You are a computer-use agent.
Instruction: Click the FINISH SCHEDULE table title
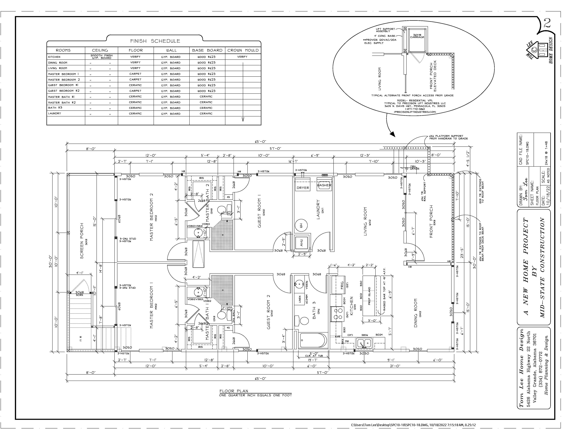pos(155,41)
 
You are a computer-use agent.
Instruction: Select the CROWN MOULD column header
pos(243,50)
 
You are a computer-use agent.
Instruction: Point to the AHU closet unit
pos(302,242)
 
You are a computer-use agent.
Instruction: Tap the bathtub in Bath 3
pos(313,341)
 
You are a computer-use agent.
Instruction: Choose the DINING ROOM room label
pos(416,313)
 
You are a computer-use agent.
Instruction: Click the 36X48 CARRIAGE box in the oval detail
pos(417,36)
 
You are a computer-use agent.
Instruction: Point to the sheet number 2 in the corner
pos(547,24)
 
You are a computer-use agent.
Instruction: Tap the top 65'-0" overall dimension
pos(260,142)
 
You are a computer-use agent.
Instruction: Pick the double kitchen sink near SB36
pos(364,343)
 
